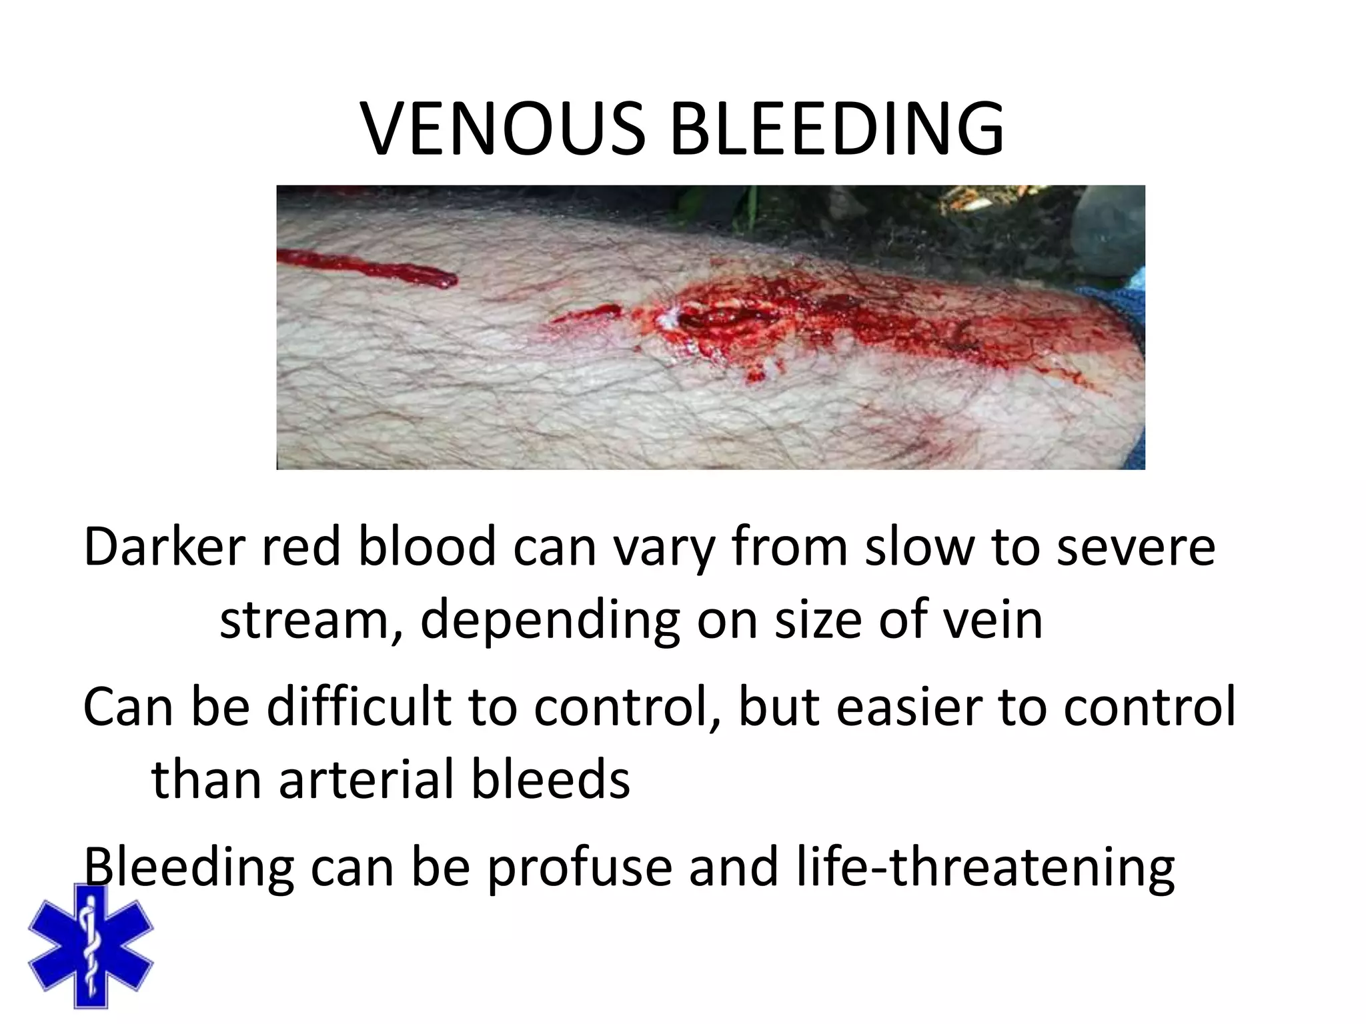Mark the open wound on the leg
click(707, 320)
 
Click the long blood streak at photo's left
click(367, 267)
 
